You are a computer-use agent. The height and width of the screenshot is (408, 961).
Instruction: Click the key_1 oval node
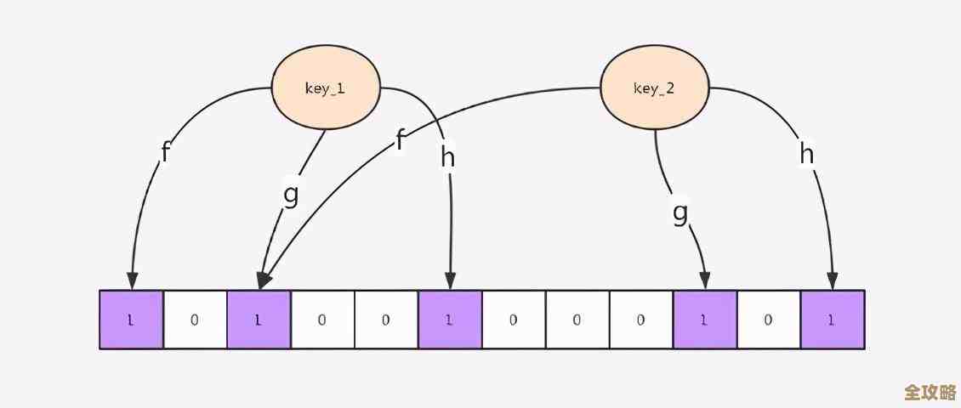pyautogui.click(x=324, y=88)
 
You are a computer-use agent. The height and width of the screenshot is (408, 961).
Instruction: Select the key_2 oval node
pyautogui.click(x=654, y=88)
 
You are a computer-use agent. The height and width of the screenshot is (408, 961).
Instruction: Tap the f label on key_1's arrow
pyautogui.click(x=165, y=153)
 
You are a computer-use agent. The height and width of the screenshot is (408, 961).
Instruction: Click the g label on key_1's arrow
pyautogui.click(x=291, y=194)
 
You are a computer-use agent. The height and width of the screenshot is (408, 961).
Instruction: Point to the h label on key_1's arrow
pyautogui.click(x=448, y=156)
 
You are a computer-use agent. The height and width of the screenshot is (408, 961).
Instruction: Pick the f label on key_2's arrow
pyautogui.click(x=400, y=139)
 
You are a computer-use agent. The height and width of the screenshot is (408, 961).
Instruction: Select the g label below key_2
pyautogui.click(x=680, y=212)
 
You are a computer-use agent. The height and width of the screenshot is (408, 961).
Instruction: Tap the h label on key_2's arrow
pyautogui.click(x=807, y=154)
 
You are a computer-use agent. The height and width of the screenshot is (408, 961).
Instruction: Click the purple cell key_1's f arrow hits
pyautogui.click(x=131, y=320)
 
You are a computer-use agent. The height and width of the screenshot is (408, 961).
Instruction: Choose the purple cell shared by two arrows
pyautogui.click(x=259, y=320)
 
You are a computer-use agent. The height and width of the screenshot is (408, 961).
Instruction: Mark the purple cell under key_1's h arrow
pyautogui.click(x=450, y=320)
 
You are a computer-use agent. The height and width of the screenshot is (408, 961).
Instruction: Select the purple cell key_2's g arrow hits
pyautogui.click(x=705, y=320)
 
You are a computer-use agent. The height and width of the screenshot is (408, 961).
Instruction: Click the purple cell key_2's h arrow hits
pyautogui.click(x=833, y=320)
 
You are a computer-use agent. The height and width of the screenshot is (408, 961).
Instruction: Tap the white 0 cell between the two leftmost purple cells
pyautogui.click(x=195, y=320)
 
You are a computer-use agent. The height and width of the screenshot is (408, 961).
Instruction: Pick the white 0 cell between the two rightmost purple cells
pyautogui.click(x=769, y=320)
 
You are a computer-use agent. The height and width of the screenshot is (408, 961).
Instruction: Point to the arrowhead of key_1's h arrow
pyautogui.click(x=450, y=281)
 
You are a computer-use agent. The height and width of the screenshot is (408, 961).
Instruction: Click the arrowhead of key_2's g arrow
pyautogui.click(x=705, y=281)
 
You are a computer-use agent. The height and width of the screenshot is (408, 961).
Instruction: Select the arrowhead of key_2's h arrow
pyautogui.click(x=833, y=281)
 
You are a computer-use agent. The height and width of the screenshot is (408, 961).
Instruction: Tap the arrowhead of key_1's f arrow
pyautogui.click(x=132, y=281)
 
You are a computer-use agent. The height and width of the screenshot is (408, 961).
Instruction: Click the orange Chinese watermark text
pyautogui.click(x=930, y=393)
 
